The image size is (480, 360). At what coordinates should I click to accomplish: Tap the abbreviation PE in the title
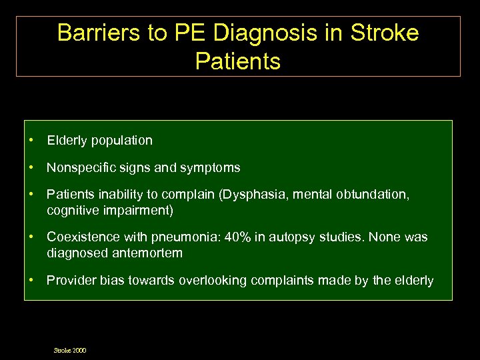pos(190,33)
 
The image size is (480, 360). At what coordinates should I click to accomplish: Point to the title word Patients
pos(238,61)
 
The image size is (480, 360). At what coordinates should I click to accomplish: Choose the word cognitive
pos(71,210)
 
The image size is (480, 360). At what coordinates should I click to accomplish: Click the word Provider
pos(68,281)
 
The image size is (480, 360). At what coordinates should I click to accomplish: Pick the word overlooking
pos(213,281)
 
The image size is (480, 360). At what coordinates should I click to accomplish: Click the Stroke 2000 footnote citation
pos(70,350)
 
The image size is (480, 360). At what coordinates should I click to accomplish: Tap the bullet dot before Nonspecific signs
pos(31,168)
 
